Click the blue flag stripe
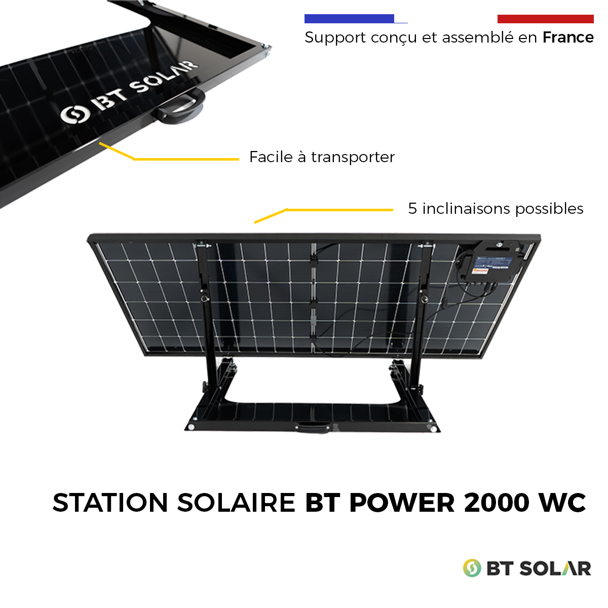tap(350, 19)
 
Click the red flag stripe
tap(546, 19)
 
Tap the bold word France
tap(568, 37)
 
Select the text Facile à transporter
tap(322, 157)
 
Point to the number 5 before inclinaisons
tap(412, 209)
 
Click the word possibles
tap(549, 209)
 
